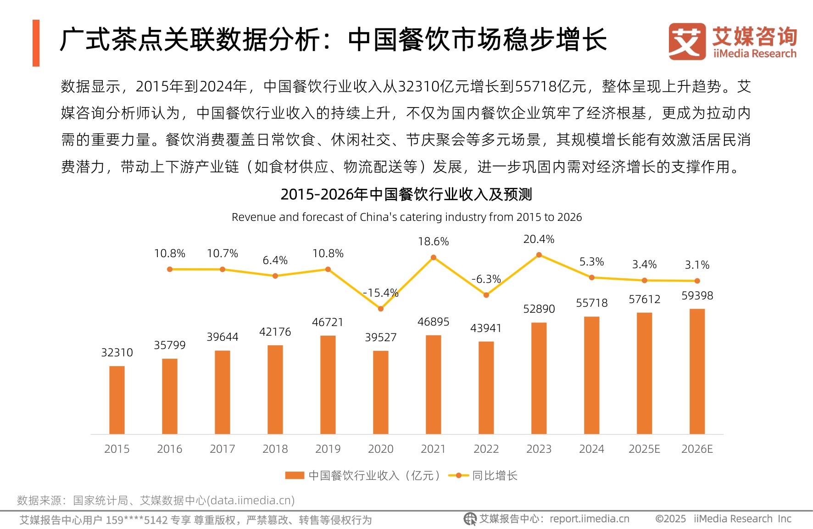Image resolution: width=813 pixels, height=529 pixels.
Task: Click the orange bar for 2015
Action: click(x=117, y=400)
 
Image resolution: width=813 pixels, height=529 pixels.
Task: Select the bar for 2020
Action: click(x=381, y=392)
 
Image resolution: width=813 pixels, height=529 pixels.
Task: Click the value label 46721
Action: click(x=328, y=322)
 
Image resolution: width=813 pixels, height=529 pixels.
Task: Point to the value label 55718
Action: click(x=592, y=303)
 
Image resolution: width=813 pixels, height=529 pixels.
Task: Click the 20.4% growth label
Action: click(x=539, y=239)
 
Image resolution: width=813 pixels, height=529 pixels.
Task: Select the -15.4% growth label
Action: click(x=380, y=293)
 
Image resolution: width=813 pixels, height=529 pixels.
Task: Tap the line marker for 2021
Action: click(x=434, y=258)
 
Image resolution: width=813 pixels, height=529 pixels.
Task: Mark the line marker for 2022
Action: click(x=486, y=295)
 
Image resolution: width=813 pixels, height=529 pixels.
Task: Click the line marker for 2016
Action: click(x=170, y=269)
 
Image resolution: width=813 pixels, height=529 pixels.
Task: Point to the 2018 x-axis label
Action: click(x=275, y=449)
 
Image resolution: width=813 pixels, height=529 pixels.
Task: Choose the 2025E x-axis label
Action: click(x=644, y=449)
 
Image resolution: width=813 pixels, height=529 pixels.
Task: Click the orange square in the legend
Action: click(x=295, y=475)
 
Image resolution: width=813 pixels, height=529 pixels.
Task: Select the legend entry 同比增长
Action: click(x=495, y=475)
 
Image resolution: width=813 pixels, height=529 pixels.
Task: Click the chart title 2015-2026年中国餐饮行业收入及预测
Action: click(x=406, y=194)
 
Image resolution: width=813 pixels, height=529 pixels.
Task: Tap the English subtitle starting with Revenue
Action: click(x=406, y=217)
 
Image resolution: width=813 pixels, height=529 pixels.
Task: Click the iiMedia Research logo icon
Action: click(x=687, y=41)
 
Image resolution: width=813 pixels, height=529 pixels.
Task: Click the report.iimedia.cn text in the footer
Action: click(x=590, y=519)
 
